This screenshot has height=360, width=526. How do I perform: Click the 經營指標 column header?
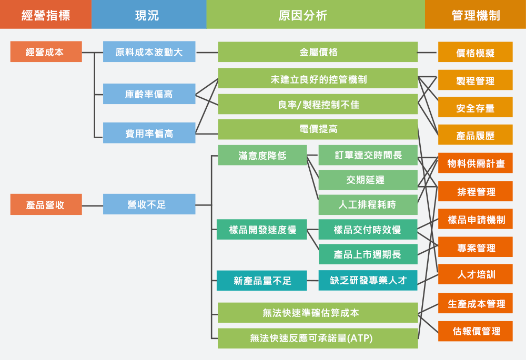(x=45, y=15)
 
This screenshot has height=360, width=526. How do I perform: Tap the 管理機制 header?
(x=476, y=15)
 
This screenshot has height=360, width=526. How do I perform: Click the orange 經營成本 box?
(x=46, y=52)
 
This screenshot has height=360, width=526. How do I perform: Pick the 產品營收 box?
(x=46, y=204)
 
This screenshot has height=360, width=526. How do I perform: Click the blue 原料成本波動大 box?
(x=149, y=52)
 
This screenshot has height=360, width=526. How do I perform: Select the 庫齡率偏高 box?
(x=149, y=94)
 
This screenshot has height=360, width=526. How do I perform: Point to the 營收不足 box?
(x=149, y=204)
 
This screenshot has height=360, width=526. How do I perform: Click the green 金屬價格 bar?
(x=318, y=52)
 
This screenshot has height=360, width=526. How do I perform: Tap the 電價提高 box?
(x=318, y=129)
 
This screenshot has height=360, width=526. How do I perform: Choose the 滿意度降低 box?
(x=262, y=155)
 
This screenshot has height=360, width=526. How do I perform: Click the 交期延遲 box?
(x=368, y=180)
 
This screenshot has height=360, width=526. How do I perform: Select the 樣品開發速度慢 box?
(x=262, y=230)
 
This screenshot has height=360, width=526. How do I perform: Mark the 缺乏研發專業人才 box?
(x=368, y=280)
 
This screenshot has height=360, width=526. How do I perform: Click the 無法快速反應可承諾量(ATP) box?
(x=318, y=338)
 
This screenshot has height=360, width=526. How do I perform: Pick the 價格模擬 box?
(x=475, y=53)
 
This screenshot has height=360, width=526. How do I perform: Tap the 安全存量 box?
(x=475, y=108)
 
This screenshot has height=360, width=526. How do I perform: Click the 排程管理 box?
(x=475, y=191)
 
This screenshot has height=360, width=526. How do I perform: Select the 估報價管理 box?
(x=475, y=331)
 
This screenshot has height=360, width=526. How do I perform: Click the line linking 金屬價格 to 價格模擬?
(x=428, y=53)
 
